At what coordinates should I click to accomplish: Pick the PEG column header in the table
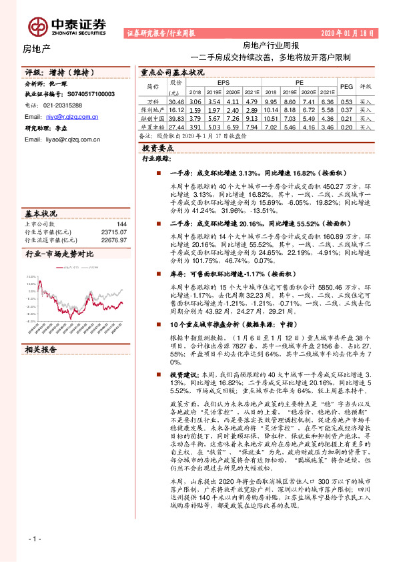pyautogui.click(x=346, y=86)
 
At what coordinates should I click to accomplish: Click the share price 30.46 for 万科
pyautogui.click(x=176, y=101)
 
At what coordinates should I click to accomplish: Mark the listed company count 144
pyautogui.click(x=121, y=224)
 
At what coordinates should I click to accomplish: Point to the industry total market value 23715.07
pyautogui.click(x=114, y=232)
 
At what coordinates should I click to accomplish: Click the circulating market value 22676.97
pyautogui.click(x=114, y=239)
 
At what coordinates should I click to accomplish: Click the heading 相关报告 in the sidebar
pyautogui.click(x=41, y=349)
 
